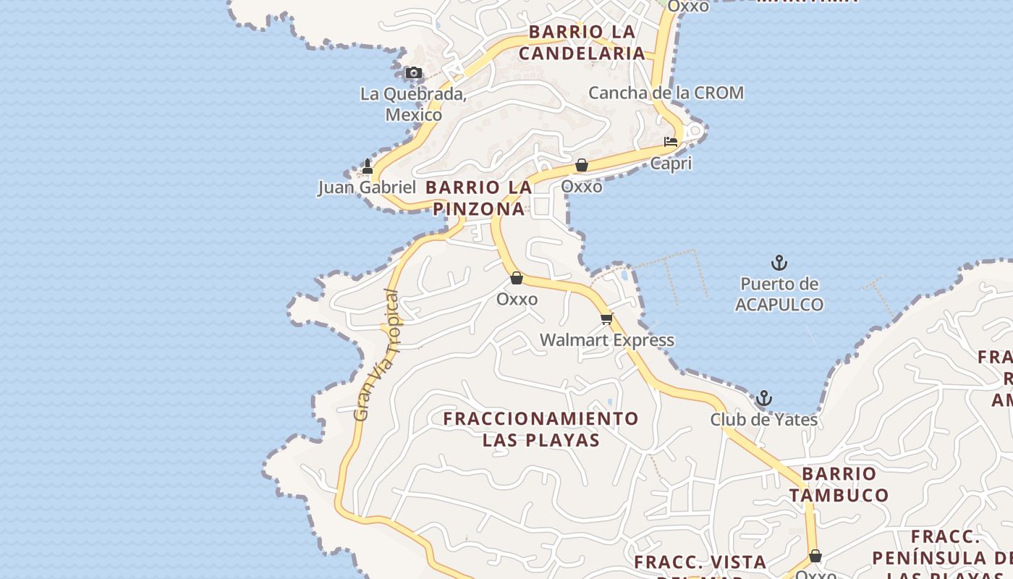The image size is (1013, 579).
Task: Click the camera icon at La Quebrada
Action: [x=413, y=72]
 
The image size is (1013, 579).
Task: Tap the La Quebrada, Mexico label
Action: [x=413, y=104]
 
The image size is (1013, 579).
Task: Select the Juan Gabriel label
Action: [x=367, y=187]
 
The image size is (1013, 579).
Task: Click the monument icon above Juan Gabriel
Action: [x=367, y=166]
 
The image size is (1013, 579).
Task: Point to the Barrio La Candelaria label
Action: [x=582, y=42]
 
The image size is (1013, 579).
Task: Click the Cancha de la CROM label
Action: [x=666, y=93]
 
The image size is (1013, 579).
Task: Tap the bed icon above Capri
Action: [x=671, y=142]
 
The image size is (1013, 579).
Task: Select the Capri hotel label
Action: [x=671, y=164]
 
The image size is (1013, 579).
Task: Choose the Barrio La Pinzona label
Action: [x=479, y=198]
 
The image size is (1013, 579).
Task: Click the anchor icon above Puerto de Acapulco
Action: [x=779, y=263]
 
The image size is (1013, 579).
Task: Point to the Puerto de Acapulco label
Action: [x=779, y=294]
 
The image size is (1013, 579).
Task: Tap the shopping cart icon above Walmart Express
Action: [x=606, y=318]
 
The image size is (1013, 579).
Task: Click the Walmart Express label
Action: [x=606, y=340]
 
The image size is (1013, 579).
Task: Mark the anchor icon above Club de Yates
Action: [x=763, y=398]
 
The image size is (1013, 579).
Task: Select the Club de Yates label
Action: [x=763, y=420]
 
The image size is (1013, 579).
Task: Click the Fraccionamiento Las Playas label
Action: [x=541, y=429]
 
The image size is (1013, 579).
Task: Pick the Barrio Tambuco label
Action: [x=839, y=484]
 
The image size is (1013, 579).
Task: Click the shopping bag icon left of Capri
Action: [x=581, y=165]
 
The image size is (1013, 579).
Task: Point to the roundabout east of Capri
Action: [x=695, y=130]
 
